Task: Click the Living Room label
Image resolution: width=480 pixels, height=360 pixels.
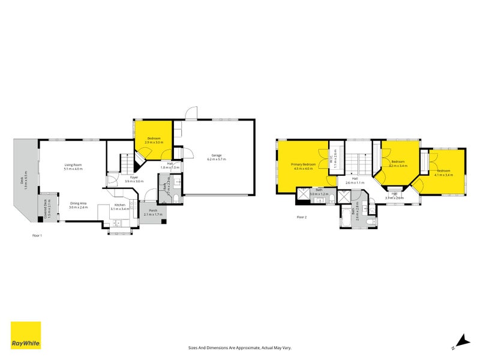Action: tap(73, 165)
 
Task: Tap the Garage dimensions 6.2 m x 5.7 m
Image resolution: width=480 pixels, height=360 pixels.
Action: tap(217, 160)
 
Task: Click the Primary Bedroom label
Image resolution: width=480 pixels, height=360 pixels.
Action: tap(304, 164)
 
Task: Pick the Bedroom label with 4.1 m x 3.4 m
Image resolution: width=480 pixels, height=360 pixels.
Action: tap(444, 171)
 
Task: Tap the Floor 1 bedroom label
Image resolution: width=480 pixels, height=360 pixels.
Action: tap(154, 138)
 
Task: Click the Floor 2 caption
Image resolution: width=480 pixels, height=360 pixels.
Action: tap(301, 217)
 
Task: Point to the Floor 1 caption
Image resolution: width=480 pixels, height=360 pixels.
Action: tap(37, 236)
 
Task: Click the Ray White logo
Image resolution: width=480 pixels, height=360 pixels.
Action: tap(26, 335)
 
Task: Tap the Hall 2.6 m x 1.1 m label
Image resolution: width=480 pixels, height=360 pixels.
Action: tap(355, 181)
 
